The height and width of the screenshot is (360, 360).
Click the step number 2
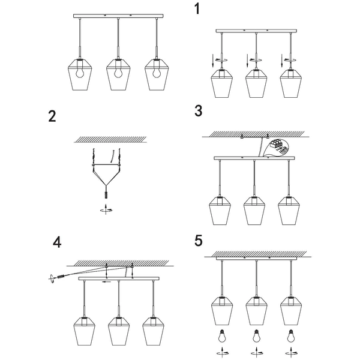tap(53, 116)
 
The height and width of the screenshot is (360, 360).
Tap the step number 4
tap(56, 242)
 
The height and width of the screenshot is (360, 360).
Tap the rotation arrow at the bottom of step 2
tap(106, 209)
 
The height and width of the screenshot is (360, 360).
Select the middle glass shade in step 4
tap(118, 328)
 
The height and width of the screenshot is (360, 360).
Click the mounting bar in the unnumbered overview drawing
tap(118, 17)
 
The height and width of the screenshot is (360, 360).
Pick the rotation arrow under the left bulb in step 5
tap(222, 353)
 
